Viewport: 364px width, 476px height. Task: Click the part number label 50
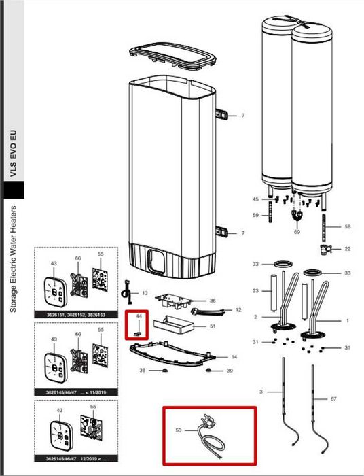(x=178, y=431)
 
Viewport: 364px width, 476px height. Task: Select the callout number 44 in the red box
(x=138, y=317)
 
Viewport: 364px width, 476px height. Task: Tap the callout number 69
(x=296, y=232)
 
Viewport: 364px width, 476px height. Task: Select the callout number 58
(x=347, y=226)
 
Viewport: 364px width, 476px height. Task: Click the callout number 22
(x=347, y=249)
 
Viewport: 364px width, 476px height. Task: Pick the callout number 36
(x=212, y=300)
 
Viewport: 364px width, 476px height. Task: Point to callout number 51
(x=212, y=326)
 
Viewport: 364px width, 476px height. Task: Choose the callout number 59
(x=255, y=216)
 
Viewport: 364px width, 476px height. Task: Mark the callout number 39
(x=229, y=371)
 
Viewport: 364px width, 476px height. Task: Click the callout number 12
(x=238, y=310)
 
